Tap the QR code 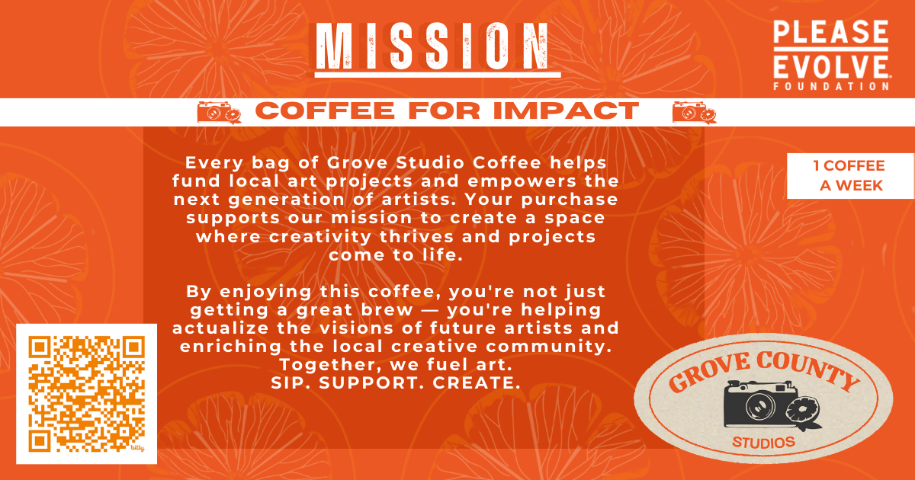tap(86, 394)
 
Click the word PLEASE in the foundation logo tap(830, 34)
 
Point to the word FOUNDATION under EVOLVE tap(830, 86)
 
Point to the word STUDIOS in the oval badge tap(763, 443)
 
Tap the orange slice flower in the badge tap(806, 411)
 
